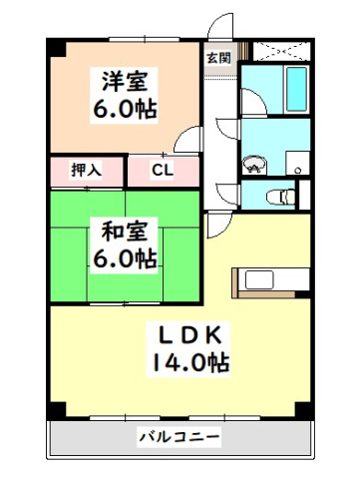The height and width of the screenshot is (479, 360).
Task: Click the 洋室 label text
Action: [x=126, y=77]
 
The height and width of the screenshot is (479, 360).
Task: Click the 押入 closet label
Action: [x=86, y=170]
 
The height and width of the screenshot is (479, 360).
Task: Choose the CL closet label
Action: [x=162, y=170]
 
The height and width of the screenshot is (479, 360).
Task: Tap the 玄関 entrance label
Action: [x=218, y=57]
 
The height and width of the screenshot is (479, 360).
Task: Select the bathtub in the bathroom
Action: [x=297, y=91]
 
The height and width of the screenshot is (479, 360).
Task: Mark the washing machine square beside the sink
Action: [x=295, y=162]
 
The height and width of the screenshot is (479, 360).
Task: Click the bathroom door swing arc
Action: [x=251, y=100]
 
